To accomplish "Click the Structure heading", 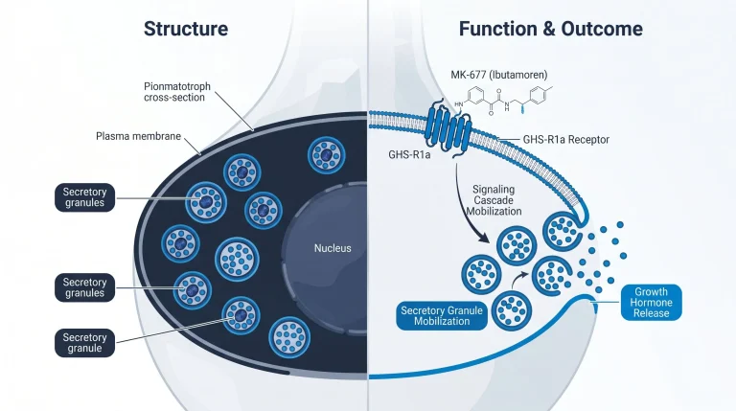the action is [186, 29].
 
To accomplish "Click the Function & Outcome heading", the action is [551, 29].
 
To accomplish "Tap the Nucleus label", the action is [333, 248].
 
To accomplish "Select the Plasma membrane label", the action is [138, 136].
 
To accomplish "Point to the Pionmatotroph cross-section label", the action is [177, 92].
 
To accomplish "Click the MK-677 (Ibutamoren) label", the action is [499, 75].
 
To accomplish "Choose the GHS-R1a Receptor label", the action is [566, 139].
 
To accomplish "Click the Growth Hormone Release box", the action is [651, 303].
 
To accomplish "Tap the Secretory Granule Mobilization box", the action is [442, 316].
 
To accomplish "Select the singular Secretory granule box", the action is [84, 343].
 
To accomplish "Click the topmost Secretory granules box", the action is [84, 197].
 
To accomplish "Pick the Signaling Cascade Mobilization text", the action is [494, 200].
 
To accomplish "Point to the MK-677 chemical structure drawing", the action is [502, 100].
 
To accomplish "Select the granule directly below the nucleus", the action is [289, 337].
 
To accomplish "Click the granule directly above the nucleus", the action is [326, 155].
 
